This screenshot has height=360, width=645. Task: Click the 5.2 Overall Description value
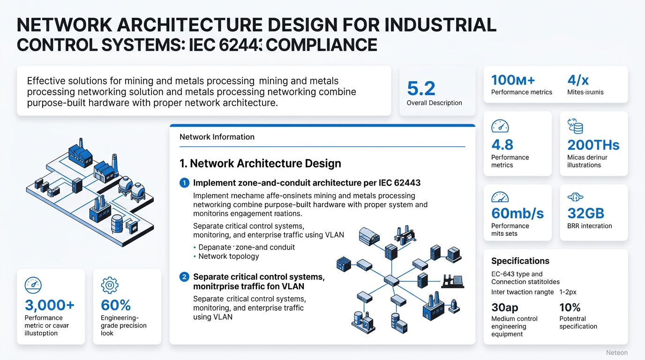pos(421,89)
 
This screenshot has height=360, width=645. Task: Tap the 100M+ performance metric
pos(513,80)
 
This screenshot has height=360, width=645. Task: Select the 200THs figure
pos(593,145)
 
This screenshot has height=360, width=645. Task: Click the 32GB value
pos(585,213)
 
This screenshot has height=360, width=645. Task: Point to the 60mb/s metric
pos(517,213)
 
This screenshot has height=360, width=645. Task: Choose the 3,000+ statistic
pos(49,305)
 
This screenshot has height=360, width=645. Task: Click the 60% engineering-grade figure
pos(116,305)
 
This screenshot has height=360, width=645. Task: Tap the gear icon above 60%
pos(110,285)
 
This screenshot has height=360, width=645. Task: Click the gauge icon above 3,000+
pos(33,285)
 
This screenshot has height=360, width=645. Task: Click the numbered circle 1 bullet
pos(184,183)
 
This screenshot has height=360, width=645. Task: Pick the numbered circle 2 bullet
pos(184,277)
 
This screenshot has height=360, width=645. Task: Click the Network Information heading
pos(217,137)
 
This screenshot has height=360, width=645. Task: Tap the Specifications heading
pos(520,261)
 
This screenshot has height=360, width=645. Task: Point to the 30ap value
pos(504,307)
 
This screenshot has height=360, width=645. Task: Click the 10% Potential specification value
pos(570,307)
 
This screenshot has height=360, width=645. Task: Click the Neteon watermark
pos(616,352)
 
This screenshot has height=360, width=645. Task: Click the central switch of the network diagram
pos(391,281)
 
